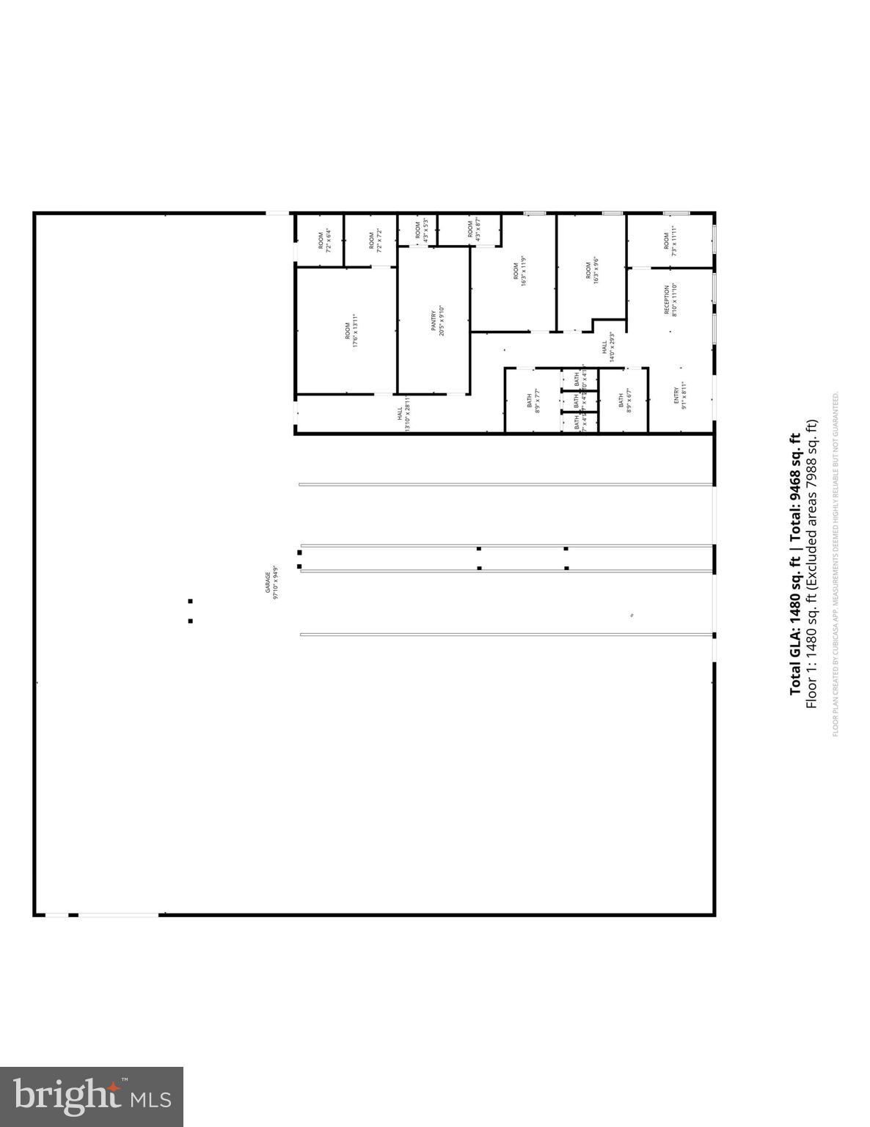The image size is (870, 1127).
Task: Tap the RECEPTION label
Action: click(x=670, y=300)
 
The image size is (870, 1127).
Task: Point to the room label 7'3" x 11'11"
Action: click(x=670, y=240)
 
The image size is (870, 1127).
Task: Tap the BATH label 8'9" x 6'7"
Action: click(x=624, y=401)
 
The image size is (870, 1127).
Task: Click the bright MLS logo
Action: click(x=92, y=1096)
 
